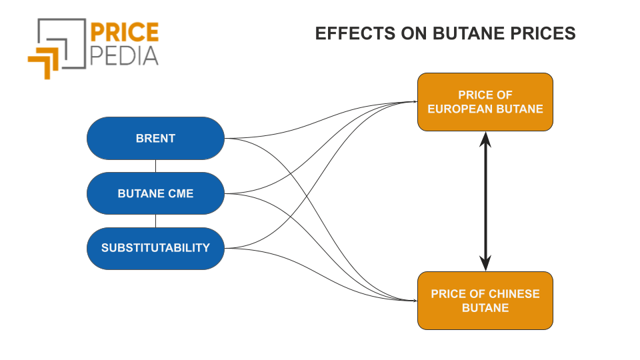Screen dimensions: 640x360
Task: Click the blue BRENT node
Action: click(155, 139)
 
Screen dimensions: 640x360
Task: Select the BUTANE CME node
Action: click(155, 193)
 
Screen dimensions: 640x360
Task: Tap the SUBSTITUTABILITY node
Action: click(155, 248)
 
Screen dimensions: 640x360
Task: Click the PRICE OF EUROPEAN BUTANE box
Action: click(485, 102)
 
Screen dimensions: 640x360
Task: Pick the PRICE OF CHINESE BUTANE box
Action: click(485, 301)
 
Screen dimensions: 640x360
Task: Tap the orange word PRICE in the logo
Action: click(124, 32)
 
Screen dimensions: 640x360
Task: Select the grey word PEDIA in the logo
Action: click(124, 56)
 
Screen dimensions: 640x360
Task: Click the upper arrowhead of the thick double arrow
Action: click(485, 139)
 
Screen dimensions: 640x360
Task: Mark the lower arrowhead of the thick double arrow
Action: click(485, 263)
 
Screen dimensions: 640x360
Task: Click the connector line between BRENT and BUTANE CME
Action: click(155, 166)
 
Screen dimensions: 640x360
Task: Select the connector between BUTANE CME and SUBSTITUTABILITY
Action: click(155, 221)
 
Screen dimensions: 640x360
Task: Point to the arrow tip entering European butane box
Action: click(417, 101)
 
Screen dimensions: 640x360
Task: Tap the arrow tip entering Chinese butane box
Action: click(417, 301)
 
